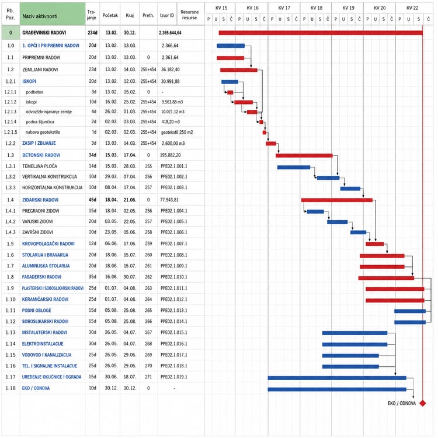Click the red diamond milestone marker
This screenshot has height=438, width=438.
(x=423, y=403)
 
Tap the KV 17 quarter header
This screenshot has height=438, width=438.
(x=284, y=8)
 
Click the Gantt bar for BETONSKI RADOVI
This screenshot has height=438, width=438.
(x=304, y=155)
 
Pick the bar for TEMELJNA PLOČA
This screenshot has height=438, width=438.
(x=294, y=168)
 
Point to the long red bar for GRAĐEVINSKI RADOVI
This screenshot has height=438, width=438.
(x=321, y=33)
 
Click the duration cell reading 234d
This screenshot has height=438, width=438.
(x=92, y=33)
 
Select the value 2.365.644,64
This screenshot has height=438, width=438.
(x=170, y=33)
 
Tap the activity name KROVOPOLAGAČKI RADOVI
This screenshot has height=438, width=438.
(x=48, y=244)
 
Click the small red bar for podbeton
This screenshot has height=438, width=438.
(x=230, y=92)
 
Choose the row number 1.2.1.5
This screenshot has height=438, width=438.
(x=11, y=132)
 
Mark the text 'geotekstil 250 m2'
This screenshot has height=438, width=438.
(x=177, y=132)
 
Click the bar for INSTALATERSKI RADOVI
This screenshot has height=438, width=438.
(x=354, y=333)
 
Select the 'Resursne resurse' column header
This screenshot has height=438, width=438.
(x=189, y=15)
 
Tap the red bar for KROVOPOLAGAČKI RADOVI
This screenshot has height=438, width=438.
(x=374, y=244)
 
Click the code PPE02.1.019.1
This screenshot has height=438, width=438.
(x=174, y=377)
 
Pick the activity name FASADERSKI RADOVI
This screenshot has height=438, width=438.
(x=41, y=277)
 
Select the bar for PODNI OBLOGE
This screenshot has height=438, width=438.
(x=410, y=311)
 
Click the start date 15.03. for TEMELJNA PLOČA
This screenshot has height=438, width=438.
(x=111, y=166)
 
